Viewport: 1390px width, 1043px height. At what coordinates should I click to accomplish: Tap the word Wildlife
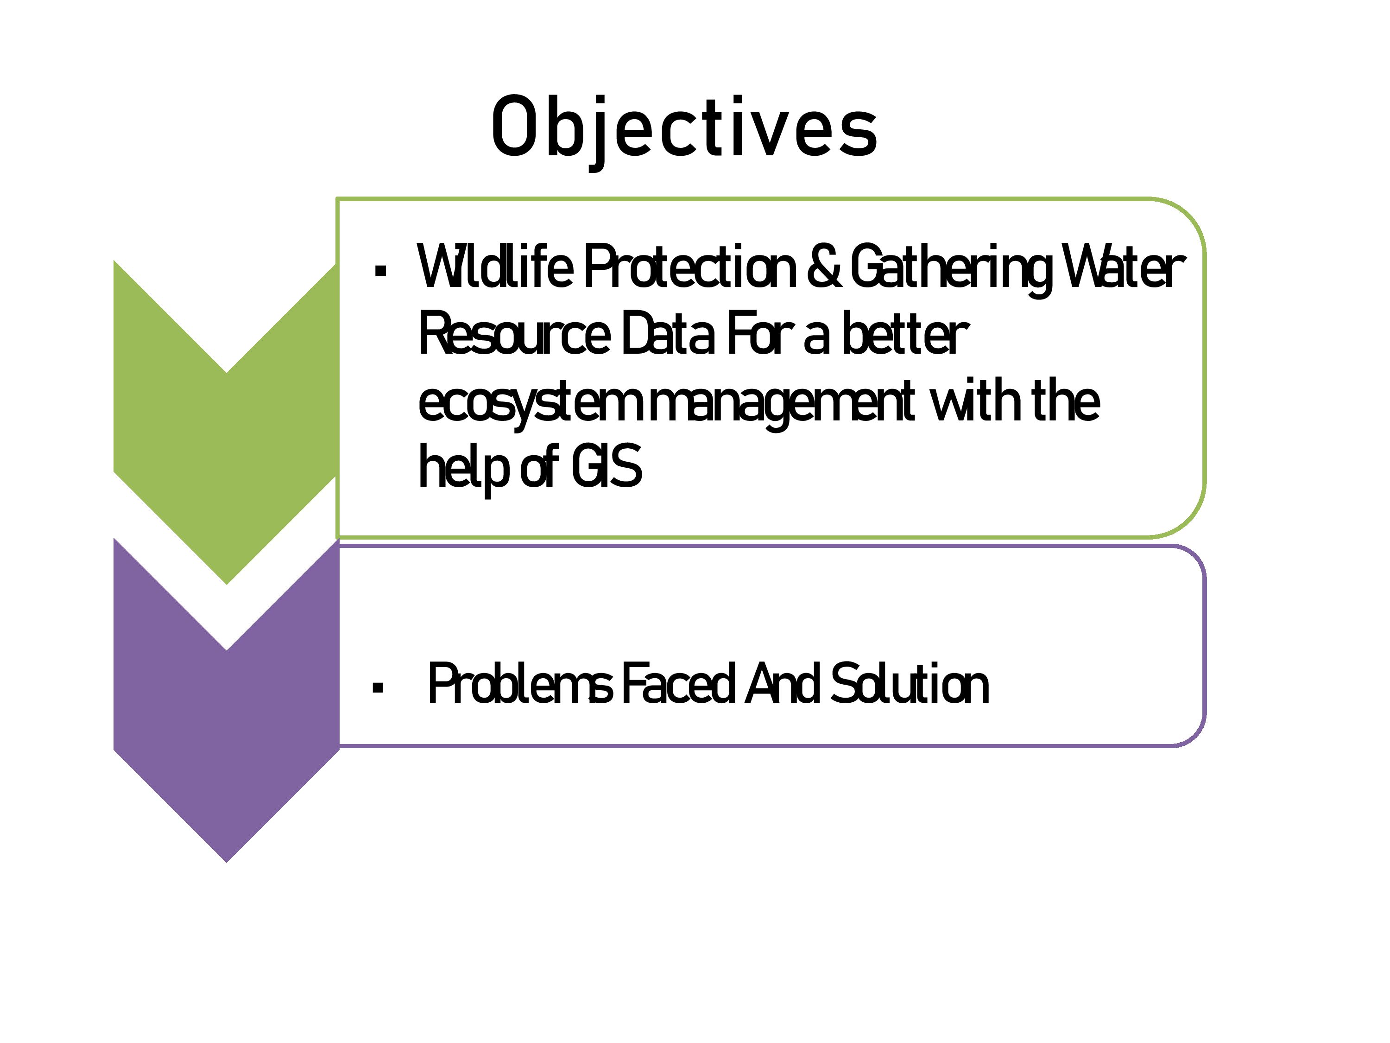pos(495,267)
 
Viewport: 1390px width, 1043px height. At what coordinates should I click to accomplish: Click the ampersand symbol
pos(824,267)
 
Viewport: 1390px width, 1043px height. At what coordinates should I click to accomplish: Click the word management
pos(782,406)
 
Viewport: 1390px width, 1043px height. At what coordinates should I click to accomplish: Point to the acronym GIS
pos(607,465)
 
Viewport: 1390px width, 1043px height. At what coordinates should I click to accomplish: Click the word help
pos(462,468)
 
